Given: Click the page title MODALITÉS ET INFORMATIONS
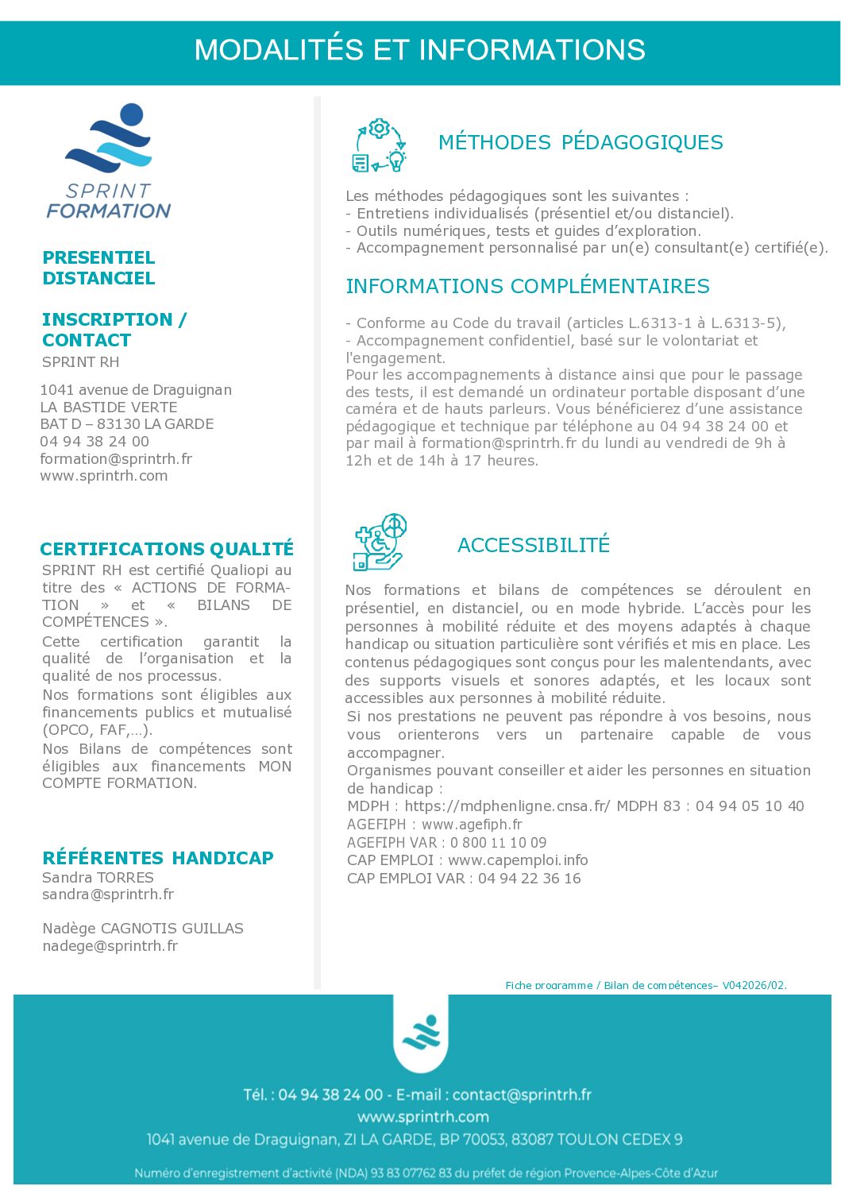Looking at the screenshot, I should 419,50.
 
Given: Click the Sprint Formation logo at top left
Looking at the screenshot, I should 109,161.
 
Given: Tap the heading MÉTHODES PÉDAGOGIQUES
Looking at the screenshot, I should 581,143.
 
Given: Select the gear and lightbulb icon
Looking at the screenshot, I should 379,145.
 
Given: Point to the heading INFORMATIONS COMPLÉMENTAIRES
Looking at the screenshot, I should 527,287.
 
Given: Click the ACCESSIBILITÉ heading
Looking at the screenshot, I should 534,545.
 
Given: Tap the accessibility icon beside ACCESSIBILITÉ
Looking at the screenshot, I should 380,543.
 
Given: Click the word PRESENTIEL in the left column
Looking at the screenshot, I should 98,258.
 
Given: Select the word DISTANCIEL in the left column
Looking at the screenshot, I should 98,279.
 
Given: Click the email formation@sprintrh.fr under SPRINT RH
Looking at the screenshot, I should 116,459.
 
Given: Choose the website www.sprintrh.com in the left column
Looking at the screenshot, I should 104,476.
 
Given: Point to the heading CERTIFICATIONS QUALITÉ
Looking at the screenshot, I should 167,549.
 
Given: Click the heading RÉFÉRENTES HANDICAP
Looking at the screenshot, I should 158,858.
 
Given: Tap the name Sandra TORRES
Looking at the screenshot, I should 98,878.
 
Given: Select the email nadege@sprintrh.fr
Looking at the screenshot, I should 110,946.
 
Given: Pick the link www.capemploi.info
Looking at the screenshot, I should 518,860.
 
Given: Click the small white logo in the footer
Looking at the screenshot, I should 421,1032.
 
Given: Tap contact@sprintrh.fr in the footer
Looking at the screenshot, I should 522,1095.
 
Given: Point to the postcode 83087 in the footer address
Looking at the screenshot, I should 532,1139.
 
